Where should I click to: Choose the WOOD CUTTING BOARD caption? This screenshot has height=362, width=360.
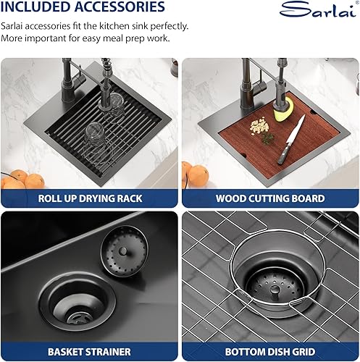pos(269,197)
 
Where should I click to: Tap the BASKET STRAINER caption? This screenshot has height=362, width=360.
pos(89,352)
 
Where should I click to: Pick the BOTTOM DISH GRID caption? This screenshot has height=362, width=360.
pos(269,352)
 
